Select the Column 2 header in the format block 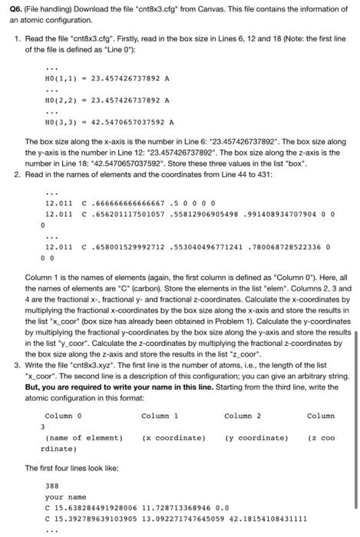pyautogui.click(x=243, y=417)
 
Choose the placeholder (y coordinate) pyautogui.click(x=256, y=437)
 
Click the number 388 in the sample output pyautogui.click(x=52, y=486)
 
